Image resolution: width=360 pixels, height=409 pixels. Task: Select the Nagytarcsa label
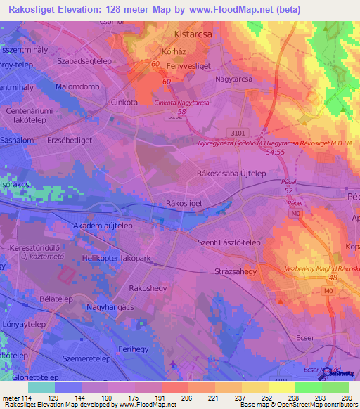pyautogui.click(x=233, y=79)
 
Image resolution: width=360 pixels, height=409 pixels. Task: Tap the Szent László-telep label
pyautogui.click(x=229, y=242)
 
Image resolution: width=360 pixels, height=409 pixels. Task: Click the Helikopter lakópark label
pyautogui.click(x=117, y=259)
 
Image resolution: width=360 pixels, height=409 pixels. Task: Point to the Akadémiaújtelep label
pyautogui.click(x=103, y=226)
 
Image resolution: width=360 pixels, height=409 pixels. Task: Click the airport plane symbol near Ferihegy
pyautogui.click(x=174, y=363)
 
